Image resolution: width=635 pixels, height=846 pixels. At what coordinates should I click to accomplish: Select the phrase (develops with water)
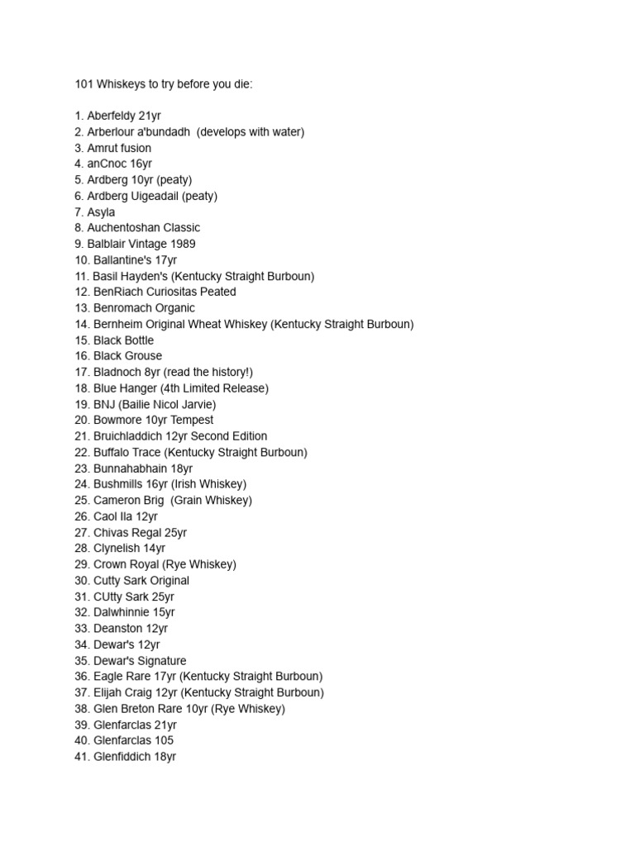coord(251,132)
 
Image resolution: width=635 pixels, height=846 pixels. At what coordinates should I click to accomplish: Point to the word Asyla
coord(101,212)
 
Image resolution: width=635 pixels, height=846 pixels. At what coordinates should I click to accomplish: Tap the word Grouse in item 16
coord(145,356)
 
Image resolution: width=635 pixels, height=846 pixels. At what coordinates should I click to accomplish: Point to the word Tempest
coord(192,420)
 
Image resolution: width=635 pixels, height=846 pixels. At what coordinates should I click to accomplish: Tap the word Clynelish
coord(117,548)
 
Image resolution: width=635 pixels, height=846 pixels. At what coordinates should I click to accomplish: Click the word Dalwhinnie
coord(122,612)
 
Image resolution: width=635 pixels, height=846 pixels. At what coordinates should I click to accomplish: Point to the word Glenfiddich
coord(122,757)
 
